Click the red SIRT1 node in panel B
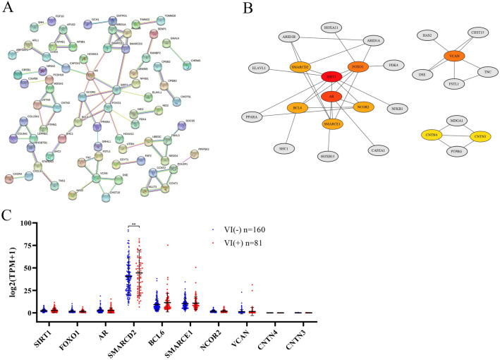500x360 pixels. point(331,76)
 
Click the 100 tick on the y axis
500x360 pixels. point(29,224)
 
